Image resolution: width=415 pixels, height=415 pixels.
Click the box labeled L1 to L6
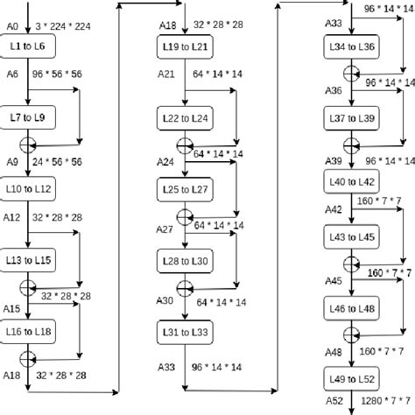point(30,44)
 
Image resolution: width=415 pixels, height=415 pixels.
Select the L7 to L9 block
point(30,116)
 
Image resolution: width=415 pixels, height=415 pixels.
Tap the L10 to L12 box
point(30,187)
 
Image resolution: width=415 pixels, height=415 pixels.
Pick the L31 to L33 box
point(185,332)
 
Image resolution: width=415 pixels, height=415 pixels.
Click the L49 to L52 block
point(351,376)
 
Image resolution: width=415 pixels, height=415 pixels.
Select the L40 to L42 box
point(351,181)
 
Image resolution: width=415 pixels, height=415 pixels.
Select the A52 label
point(334,404)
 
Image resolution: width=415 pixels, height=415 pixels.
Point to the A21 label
point(167,76)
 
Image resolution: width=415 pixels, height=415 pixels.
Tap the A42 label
point(334,209)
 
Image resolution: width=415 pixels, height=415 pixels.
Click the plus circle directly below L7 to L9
point(30,144)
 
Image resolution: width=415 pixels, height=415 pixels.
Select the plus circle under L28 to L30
point(185,286)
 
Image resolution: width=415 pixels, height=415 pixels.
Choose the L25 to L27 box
point(185,188)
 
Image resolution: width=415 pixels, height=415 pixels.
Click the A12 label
point(12,215)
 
